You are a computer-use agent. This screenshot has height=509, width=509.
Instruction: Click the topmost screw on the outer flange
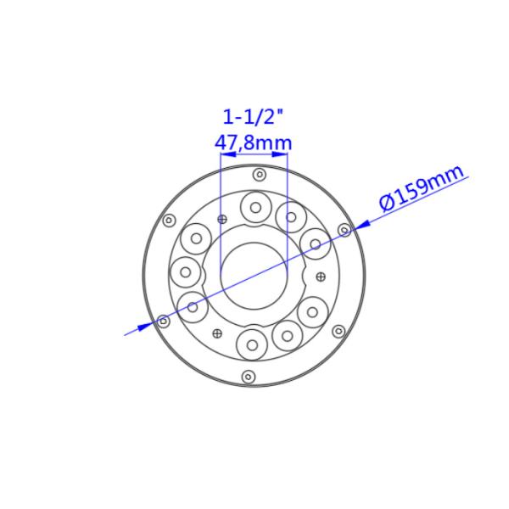coord(260,175)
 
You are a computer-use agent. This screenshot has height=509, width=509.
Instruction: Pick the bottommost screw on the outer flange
coord(248,376)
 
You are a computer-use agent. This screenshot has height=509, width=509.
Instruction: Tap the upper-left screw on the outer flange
coord(169,221)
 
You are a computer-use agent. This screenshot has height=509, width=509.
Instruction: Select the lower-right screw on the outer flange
coord(338,331)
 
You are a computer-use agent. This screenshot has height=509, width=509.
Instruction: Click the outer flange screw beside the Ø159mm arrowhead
coord(344,230)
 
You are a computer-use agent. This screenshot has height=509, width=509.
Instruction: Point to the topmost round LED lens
coord(255,206)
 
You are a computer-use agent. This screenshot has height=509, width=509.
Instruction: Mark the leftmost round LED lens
coord(186,272)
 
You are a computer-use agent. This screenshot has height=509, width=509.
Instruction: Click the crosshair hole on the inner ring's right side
coord(320,277)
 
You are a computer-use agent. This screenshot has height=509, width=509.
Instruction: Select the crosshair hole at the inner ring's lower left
coord(218,332)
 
